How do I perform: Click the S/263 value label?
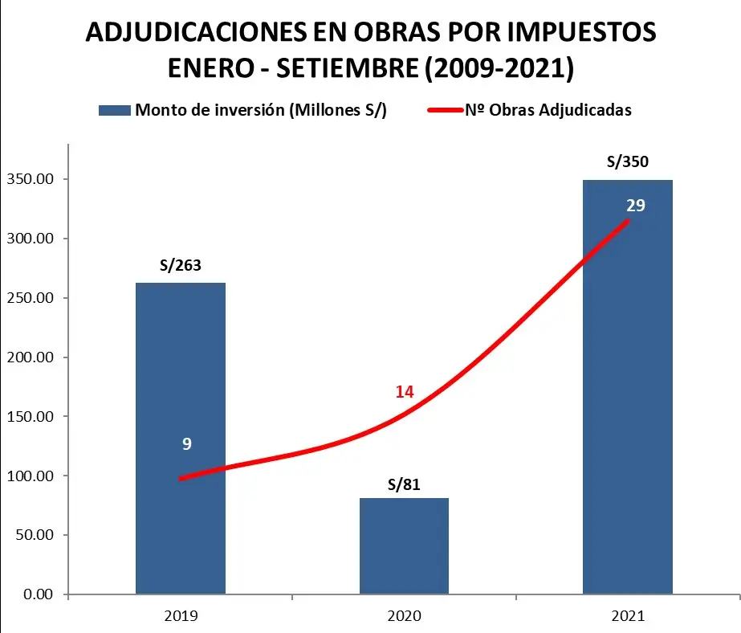(x=181, y=266)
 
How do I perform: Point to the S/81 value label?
(x=404, y=484)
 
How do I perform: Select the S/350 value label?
(x=627, y=161)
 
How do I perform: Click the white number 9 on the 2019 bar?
(x=186, y=443)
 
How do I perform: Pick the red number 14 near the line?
(x=404, y=392)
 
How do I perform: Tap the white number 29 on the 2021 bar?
(x=635, y=205)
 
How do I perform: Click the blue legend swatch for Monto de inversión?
(x=113, y=111)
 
